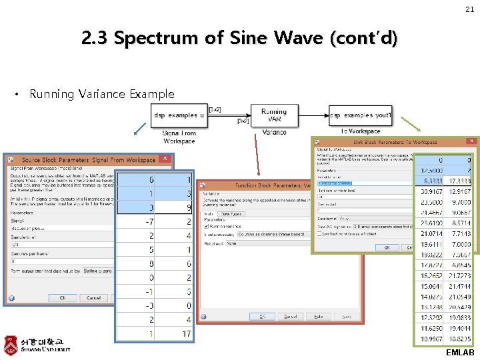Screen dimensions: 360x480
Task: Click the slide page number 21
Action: pos(469,9)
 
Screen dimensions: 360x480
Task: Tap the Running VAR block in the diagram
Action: pos(274,115)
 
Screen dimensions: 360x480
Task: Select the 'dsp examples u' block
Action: pos(179,115)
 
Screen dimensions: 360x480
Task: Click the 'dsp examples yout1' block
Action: pos(361,115)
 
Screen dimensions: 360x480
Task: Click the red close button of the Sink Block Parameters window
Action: pos(472,141)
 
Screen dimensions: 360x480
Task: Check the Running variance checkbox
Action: pos(207,227)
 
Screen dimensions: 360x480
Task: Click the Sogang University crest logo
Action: pos(11,345)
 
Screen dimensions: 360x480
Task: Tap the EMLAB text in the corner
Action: pos(460,353)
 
